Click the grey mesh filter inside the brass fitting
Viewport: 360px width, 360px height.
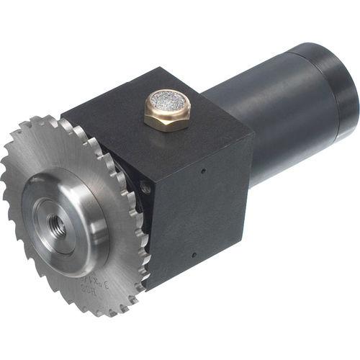[x=167, y=103]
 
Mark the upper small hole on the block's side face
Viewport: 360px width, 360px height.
[x=204, y=171]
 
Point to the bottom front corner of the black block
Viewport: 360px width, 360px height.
[x=148, y=287]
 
